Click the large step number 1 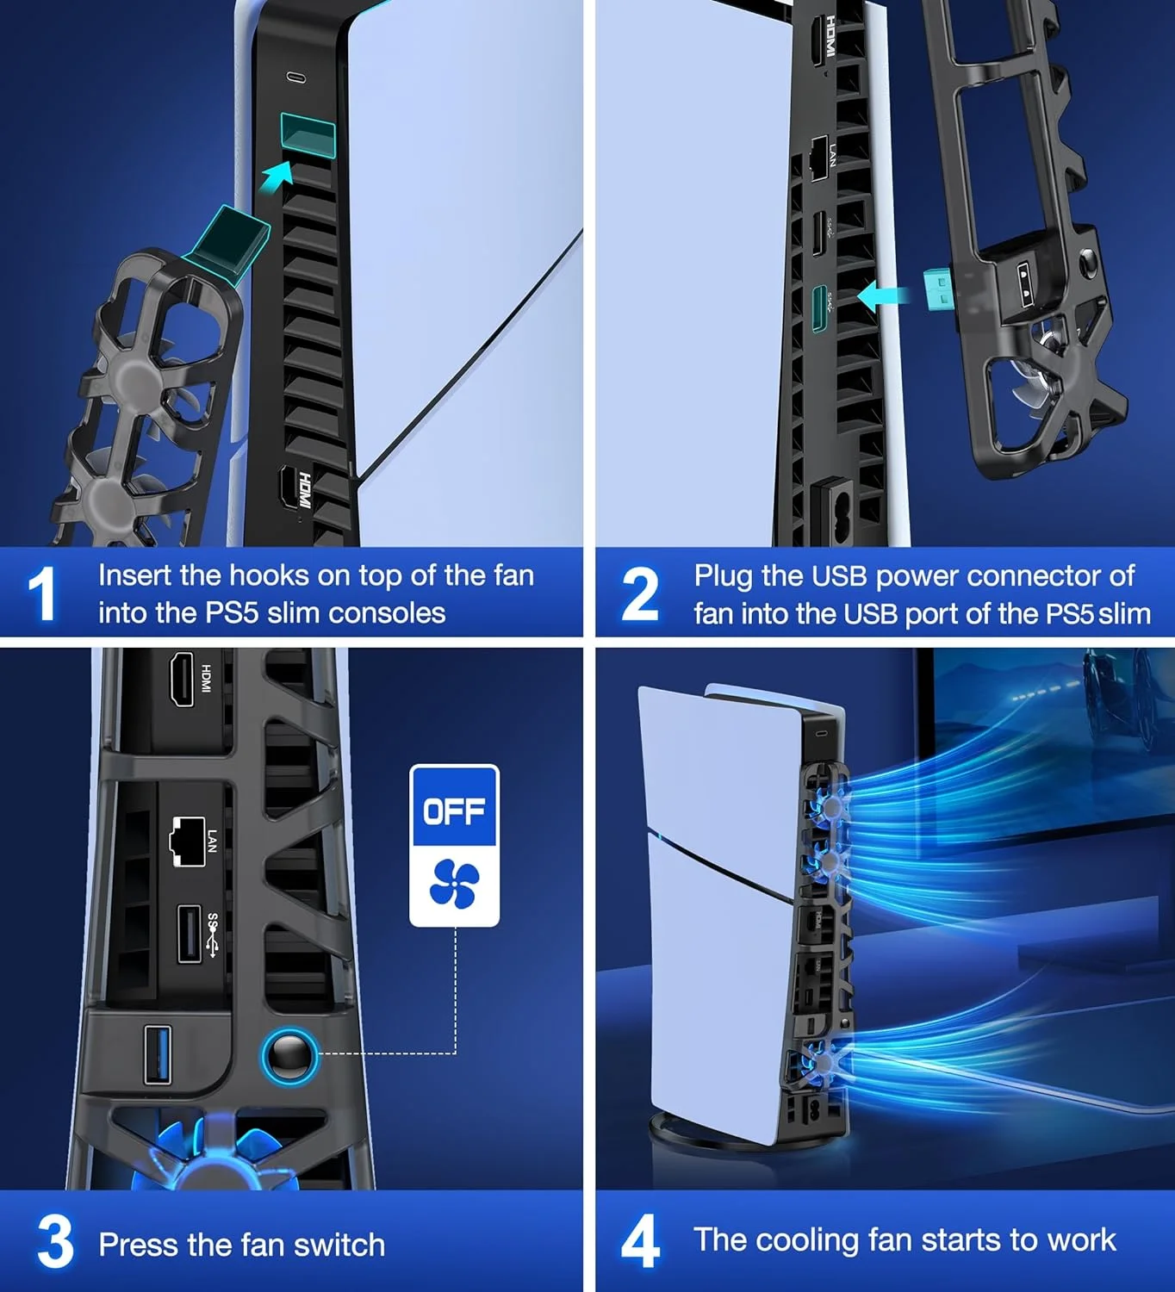(x=42, y=593)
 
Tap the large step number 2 (x=640, y=593)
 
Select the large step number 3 (x=55, y=1240)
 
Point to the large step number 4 (x=640, y=1240)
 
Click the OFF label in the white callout (x=454, y=811)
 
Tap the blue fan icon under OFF (x=454, y=884)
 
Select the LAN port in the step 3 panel (x=188, y=841)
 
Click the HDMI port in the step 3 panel (x=181, y=679)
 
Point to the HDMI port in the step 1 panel (x=291, y=488)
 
